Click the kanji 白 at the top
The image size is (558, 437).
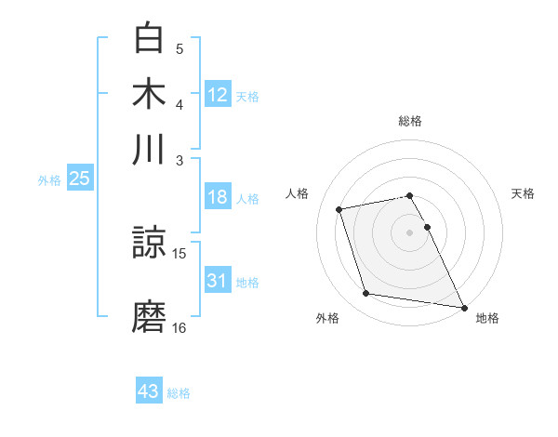coord(150,38)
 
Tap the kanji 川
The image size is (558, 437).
coord(150,149)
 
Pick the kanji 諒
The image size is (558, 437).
coord(150,244)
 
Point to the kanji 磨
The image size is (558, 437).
coord(150,315)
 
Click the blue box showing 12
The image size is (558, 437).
coord(218,94)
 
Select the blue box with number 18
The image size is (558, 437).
coord(218,197)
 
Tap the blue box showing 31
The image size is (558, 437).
coord(218,281)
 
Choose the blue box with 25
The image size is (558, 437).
coord(79,179)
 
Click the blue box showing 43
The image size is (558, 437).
coord(149,391)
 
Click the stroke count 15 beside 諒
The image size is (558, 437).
coord(179,253)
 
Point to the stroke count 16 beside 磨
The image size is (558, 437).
coord(179,327)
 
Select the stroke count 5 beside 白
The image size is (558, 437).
coord(179,48)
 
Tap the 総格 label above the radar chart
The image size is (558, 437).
coord(410,121)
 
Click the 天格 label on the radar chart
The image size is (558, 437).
coord(523,193)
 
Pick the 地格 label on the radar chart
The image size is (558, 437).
coord(487,319)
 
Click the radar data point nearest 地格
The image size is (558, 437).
coord(463,307)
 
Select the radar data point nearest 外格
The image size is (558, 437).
coord(366,294)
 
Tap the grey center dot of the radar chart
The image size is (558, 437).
coord(410,232)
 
